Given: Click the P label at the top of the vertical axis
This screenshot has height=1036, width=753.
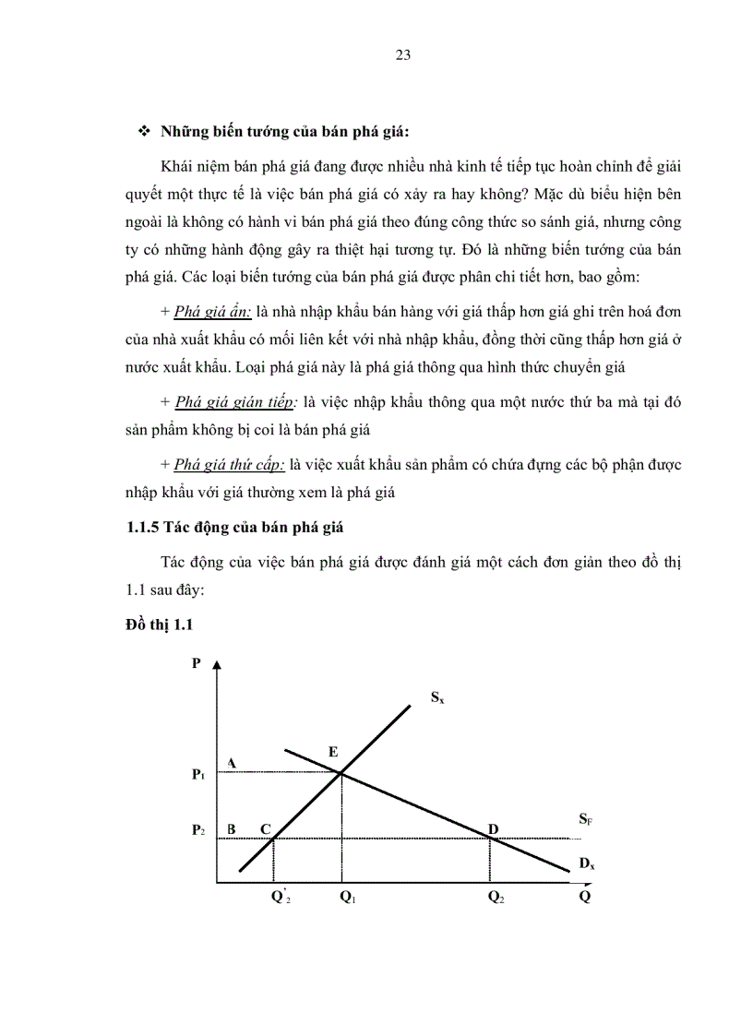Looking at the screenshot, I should (x=196, y=663).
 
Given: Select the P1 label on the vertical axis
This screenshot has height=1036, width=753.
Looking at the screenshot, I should (x=197, y=776).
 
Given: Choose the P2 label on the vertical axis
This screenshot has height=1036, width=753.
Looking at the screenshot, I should (x=197, y=830).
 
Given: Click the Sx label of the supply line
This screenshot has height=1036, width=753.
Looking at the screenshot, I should (x=437, y=698).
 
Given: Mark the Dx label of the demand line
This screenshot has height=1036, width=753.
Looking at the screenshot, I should (x=586, y=863).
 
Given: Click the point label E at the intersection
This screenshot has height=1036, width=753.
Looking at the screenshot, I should (x=332, y=752).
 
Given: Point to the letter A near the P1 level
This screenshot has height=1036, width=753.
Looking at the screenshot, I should (x=232, y=763).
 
